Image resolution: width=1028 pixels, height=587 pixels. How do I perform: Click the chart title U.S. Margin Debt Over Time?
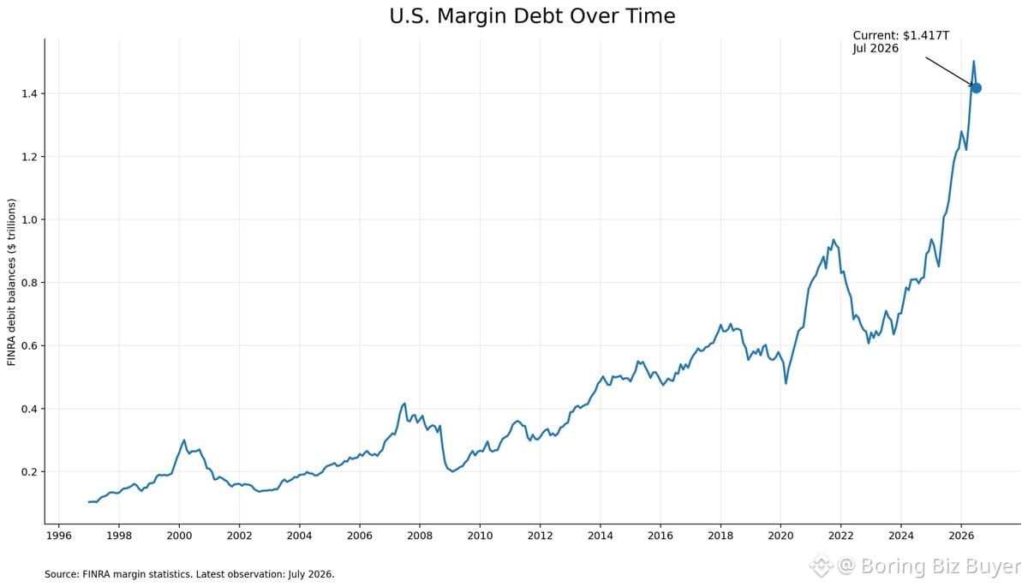[x=532, y=16]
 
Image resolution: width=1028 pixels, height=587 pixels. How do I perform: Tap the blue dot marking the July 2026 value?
[x=976, y=88]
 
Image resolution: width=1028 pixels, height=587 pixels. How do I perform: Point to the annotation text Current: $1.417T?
[x=901, y=35]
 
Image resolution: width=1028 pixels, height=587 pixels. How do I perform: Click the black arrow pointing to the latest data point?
[x=948, y=72]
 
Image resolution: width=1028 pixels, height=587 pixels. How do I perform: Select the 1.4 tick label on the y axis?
[x=29, y=94]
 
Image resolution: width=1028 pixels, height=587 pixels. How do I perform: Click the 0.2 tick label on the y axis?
[x=29, y=472]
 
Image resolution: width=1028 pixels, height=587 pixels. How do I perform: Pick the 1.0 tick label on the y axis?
[x=29, y=220]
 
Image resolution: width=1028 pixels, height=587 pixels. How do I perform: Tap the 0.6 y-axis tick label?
[x=29, y=345]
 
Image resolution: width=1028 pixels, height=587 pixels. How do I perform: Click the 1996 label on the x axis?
[x=59, y=536]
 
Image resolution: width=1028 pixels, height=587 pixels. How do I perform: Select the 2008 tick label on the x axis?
[x=420, y=536]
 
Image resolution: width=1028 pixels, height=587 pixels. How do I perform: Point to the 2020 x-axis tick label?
[x=780, y=536]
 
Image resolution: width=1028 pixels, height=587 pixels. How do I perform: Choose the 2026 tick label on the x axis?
[x=961, y=536]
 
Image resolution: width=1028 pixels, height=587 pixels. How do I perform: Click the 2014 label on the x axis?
[x=601, y=536]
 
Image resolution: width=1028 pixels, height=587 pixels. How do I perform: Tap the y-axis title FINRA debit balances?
[x=11, y=282]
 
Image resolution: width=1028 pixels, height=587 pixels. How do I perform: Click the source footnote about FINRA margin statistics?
[x=189, y=574]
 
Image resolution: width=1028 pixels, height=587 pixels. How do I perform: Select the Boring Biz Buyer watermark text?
[x=941, y=566]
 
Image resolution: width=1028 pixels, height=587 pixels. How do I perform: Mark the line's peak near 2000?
[x=184, y=440]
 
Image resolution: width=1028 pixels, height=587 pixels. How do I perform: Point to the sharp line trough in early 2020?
[x=786, y=383]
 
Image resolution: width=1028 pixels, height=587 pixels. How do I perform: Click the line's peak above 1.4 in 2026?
[x=973, y=61]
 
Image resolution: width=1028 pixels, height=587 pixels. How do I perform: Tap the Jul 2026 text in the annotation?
[x=876, y=49]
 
